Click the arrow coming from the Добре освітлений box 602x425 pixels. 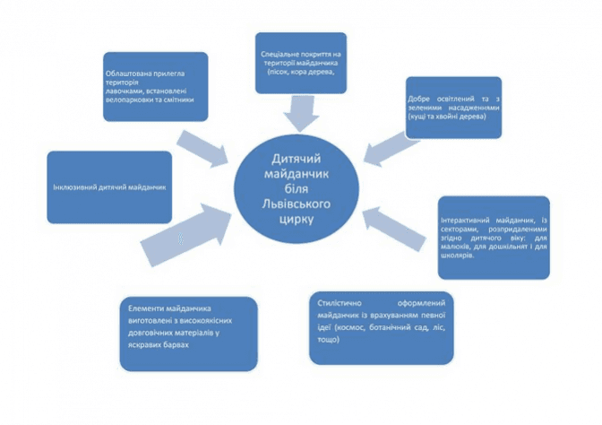(x=386, y=143)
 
